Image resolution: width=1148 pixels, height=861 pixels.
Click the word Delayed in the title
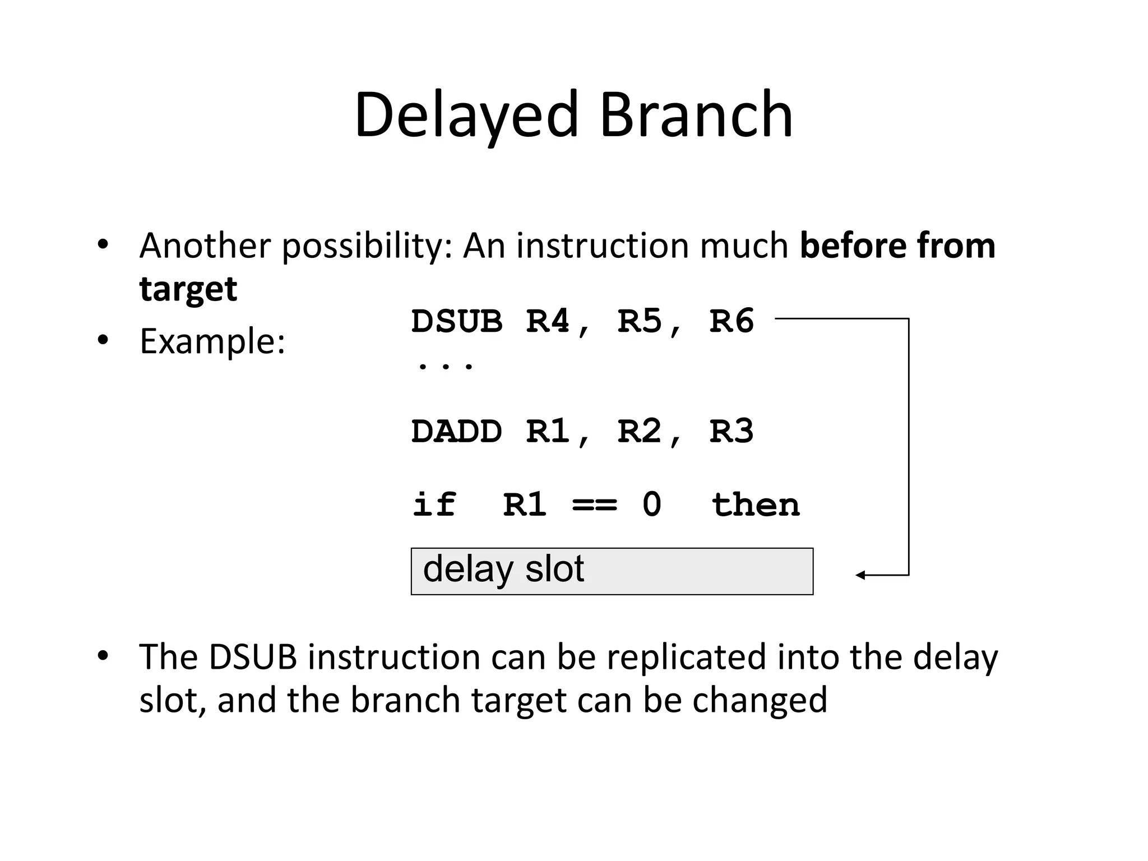click(466, 115)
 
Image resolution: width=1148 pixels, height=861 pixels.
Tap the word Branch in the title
click(696, 115)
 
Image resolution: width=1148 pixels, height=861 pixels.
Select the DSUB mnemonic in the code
click(457, 322)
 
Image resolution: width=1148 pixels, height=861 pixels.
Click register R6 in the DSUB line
click(731, 322)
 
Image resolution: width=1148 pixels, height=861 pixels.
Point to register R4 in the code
click(548, 322)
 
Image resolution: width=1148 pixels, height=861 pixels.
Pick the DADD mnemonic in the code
click(457, 432)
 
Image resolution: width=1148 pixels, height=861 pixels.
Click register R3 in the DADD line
click(731, 432)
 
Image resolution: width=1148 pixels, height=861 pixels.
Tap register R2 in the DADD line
click(639, 432)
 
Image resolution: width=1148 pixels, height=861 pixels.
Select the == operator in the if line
click(594, 505)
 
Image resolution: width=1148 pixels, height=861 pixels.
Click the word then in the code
click(755, 505)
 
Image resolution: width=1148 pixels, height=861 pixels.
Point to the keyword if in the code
click(434, 505)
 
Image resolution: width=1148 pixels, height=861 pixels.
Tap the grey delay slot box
click(612, 571)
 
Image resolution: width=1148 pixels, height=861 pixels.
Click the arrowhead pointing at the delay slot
click(860, 575)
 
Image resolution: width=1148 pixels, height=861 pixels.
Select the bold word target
click(188, 290)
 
